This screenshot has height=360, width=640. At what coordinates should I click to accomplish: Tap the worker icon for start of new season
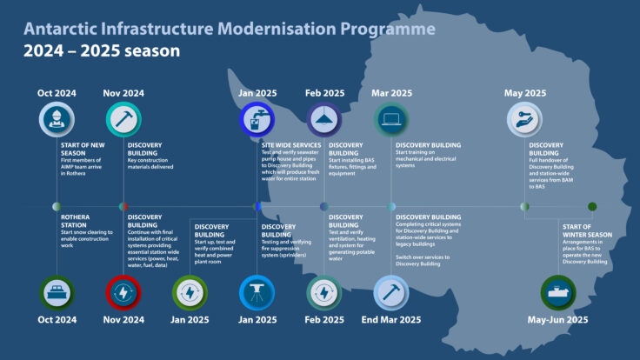[x=57, y=120]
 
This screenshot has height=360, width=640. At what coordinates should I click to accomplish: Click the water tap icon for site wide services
[x=257, y=120]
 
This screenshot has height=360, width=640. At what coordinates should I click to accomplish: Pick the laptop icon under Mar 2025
[x=391, y=120]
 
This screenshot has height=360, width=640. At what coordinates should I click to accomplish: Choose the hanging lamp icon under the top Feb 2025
[x=323, y=120]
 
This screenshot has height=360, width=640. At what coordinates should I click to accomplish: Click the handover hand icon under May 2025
[x=524, y=120]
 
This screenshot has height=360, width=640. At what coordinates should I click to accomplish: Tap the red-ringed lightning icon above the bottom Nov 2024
[x=123, y=293]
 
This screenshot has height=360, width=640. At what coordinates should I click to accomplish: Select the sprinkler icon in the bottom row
[x=257, y=293]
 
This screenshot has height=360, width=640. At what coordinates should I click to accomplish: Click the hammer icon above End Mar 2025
[x=391, y=293]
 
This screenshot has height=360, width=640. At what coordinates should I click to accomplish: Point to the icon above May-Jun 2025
[x=558, y=293]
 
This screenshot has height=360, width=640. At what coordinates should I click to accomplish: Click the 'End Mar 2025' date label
[x=391, y=320]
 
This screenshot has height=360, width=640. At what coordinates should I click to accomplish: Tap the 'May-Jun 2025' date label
[x=558, y=320]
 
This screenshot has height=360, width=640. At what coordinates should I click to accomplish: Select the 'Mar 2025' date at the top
[x=391, y=93]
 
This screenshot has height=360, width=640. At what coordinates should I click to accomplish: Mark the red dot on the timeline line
[x=123, y=206]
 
